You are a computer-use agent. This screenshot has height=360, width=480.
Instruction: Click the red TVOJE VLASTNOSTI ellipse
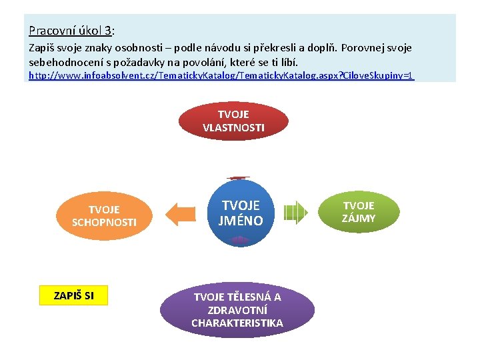click(x=233, y=121)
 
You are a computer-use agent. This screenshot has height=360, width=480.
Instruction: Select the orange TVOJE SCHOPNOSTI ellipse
click(x=104, y=215)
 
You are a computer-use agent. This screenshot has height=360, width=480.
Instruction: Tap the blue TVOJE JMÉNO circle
click(x=241, y=212)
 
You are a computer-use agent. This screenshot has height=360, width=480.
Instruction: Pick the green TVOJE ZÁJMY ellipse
click(x=359, y=211)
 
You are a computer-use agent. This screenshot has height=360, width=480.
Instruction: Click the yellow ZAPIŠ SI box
click(x=73, y=295)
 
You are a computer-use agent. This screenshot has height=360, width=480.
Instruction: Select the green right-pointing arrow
click(x=295, y=213)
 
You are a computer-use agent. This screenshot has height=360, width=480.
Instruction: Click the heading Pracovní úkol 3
click(x=71, y=31)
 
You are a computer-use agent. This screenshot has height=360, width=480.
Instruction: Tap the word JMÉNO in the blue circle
click(x=241, y=220)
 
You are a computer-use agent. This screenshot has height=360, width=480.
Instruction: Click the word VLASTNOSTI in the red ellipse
click(x=233, y=127)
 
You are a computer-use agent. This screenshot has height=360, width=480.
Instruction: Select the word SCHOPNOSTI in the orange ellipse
click(x=104, y=222)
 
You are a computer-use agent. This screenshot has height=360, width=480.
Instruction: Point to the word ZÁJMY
click(x=359, y=218)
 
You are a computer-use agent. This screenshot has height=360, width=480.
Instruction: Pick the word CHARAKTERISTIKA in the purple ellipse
click(x=237, y=323)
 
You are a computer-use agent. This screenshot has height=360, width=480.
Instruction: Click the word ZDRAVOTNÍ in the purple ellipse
click(x=237, y=310)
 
